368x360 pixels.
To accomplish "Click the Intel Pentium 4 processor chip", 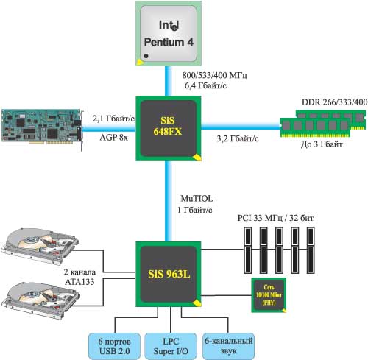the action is (x=169, y=33).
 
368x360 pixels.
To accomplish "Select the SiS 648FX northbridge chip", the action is (x=169, y=128).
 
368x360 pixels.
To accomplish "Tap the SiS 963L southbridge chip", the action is (x=169, y=274).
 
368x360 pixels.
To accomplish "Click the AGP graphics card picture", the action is (x=42, y=127).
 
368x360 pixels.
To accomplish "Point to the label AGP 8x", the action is (x=114, y=138).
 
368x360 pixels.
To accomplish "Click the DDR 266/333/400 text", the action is (x=334, y=102).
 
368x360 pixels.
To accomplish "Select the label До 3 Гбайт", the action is (x=322, y=144).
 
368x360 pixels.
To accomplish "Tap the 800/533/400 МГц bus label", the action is (x=214, y=75).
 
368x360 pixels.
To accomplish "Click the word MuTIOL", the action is (x=197, y=199).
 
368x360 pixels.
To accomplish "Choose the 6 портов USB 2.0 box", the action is (x=114, y=346).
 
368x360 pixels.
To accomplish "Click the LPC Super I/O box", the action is (x=171, y=346).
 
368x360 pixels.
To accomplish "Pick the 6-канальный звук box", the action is (x=228, y=346).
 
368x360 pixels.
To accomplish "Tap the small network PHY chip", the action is (x=269, y=295).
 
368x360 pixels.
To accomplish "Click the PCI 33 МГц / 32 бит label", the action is (x=275, y=218).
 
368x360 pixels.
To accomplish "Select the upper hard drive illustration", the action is (x=40, y=246).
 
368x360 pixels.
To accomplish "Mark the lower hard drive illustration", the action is (x=40, y=300).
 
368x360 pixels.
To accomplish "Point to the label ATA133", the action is (x=79, y=282).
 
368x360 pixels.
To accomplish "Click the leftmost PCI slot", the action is (x=247, y=250).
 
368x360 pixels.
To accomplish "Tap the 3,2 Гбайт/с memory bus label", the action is (x=238, y=138).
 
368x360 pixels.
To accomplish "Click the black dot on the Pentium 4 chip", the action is (x=146, y=56).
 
